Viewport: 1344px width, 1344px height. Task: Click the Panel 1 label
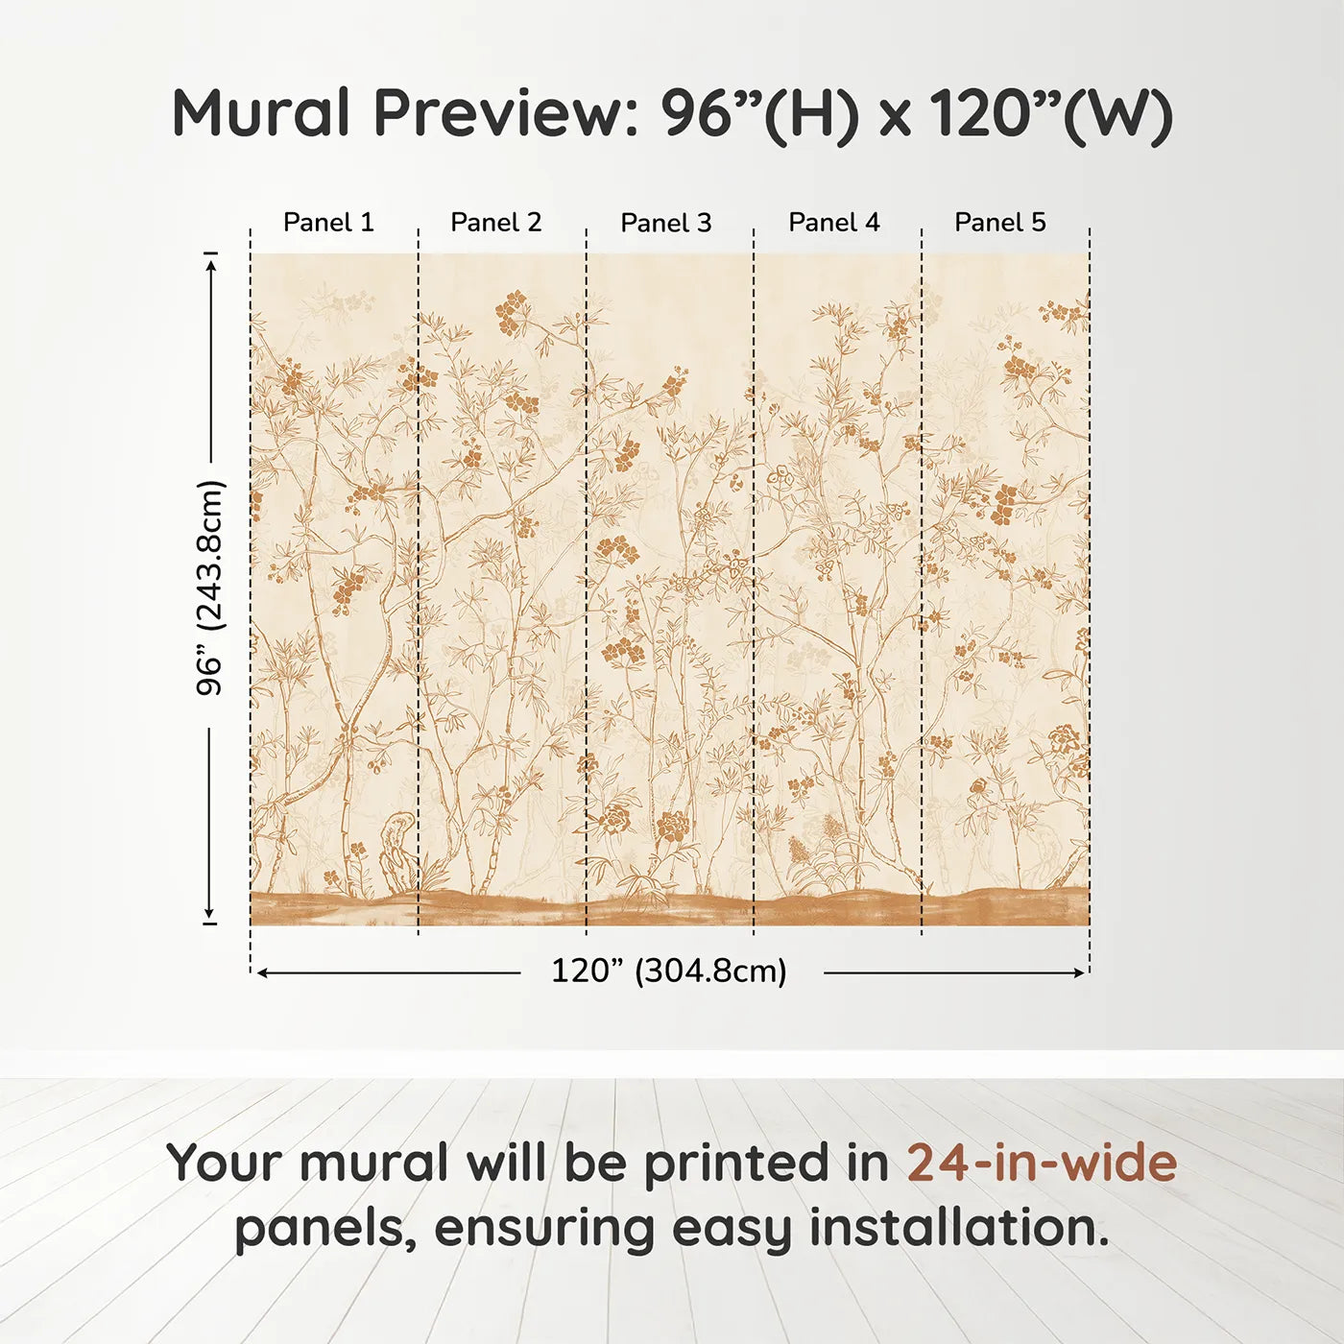[x=328, y=223]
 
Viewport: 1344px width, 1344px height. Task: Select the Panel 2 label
[x=496, y=223]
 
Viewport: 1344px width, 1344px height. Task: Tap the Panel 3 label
[x=666, y=223]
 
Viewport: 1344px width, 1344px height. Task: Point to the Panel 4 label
[x=834, y=223]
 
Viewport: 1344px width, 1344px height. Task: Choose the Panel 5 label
[x=1000, y=223]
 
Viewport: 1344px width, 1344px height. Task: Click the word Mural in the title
[x=261, y=113]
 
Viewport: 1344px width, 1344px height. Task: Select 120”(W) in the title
[x=1051, y=113]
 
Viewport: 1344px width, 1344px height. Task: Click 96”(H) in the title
[x=758, y=113]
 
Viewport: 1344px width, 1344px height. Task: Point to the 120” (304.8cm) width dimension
[x=669, y=972]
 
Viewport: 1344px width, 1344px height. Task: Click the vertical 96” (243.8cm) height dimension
[x=209, y=588]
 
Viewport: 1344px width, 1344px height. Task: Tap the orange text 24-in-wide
[x=1042, y=1164]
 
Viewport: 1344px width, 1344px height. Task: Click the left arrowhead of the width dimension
[x=261, y=972]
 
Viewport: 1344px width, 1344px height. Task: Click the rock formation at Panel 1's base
[x=396, y=852]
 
